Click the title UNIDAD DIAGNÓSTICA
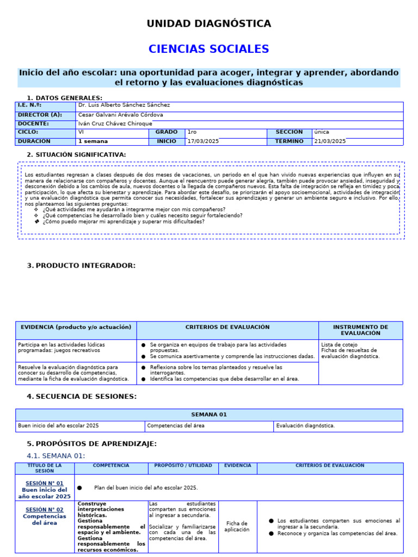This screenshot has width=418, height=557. (x=208, y=23)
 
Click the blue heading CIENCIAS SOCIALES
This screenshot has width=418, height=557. (x=208, y=49)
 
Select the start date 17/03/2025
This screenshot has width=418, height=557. (x=203, y=141)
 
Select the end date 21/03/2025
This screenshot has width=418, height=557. (x=330, y=141)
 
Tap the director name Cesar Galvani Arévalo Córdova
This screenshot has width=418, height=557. (x=120, y=115)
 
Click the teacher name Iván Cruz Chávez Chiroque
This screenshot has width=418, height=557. (x=115, y=123)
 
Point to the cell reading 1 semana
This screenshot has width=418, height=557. (x=93, y=141)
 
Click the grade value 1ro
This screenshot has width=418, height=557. (x=193, y=132)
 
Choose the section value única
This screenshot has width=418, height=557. (x=321, y=132)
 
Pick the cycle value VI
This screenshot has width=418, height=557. (x=81, y=132)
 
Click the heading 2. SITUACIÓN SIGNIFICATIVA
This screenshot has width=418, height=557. (x=76, y=154)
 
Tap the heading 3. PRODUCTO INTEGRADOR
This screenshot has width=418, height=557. (x=81, y=265)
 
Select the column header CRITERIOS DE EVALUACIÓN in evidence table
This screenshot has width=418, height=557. (x=227, y=327)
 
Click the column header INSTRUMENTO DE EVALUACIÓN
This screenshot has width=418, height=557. (x=360, y=330)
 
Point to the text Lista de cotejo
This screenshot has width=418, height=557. (x=340, y=344)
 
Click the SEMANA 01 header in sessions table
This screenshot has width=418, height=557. (x=209, y=414)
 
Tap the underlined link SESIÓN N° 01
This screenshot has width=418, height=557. (x=45, y=483)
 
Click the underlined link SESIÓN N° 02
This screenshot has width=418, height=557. (x=45, y=509)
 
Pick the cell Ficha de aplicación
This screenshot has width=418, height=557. (x=237, y=526)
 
